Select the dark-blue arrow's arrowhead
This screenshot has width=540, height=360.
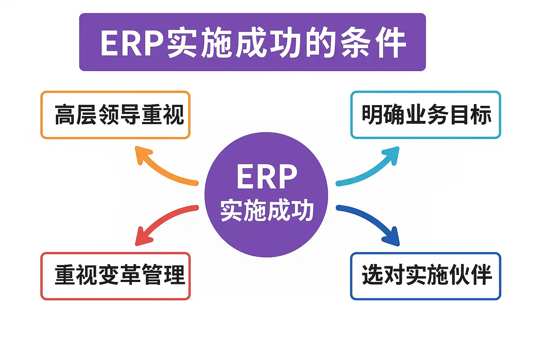(x=393, y=238)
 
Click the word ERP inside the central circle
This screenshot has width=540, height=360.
(x=266, y=176)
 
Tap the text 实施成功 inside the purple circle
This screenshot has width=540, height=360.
(x=266, y=210)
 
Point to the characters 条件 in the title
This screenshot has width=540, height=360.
(x=373, y=43)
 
